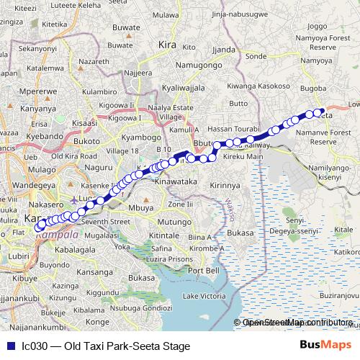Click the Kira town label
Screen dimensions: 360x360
tap(168, 45)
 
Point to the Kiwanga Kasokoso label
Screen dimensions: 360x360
tap(253, 86)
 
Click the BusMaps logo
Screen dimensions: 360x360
tap(324, 346)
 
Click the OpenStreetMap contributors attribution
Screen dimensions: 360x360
tap(297, 323)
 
